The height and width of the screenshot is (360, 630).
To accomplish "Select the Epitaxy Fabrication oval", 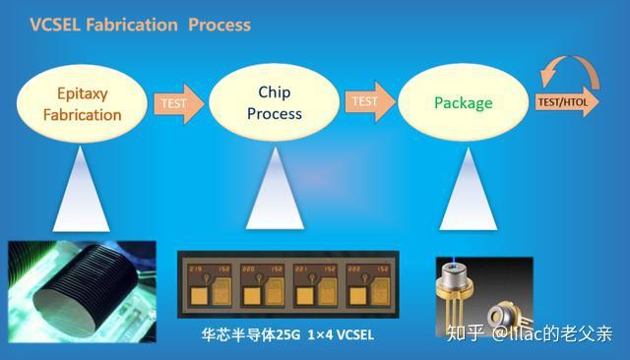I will tap(83, 101).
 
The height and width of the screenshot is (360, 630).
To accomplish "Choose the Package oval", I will tap(464, 101).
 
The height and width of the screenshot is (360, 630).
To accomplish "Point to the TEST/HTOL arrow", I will tap(566, 101).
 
